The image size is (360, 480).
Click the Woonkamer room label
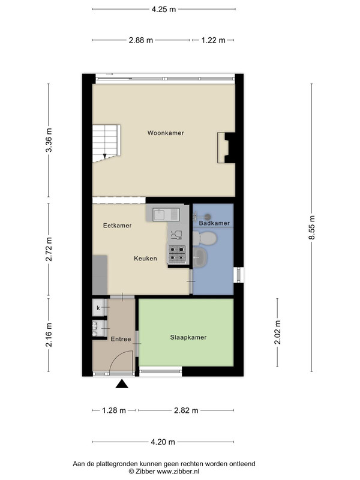(166, 133)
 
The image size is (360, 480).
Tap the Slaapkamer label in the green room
(188, 337)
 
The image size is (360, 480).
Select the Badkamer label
(214, 223)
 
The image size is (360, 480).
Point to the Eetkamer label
(117, 226)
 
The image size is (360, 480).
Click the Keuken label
(145, 259)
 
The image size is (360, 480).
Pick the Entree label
(121, 339)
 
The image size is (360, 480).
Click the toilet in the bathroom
(205, 238)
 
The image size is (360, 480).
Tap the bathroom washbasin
(200, 257)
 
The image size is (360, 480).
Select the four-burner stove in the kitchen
(177, 254)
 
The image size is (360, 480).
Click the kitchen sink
(167, 214)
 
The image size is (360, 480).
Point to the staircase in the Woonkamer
(106, 143)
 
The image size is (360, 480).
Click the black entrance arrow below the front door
(122, 384)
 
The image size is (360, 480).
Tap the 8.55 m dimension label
(311, 227)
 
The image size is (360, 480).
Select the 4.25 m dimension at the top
(164, 9)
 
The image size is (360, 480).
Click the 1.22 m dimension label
(214, 40)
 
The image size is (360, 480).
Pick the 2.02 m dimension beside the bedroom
(277, 332)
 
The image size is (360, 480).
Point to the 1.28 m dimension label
(114, 410)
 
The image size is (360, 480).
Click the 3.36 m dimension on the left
(49, 140)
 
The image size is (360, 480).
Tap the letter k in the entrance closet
(98, 308)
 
